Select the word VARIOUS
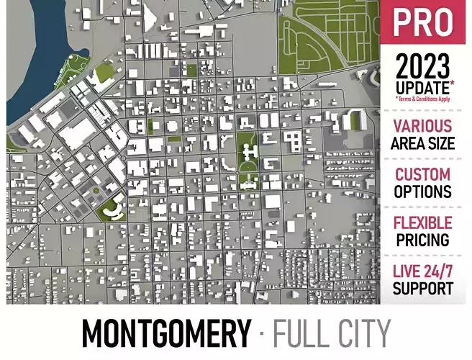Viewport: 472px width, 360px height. click(x=423, y=127)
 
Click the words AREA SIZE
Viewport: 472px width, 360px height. click(x=423, y=143)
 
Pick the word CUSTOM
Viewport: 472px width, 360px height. click(x=423, y=175)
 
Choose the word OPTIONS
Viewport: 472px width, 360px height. click(x=423, y=192)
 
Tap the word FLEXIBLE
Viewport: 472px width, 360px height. click(x=423, y=223)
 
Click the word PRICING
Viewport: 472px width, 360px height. click(x=423, y=240)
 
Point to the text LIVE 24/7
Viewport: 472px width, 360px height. click(x=423, y=272)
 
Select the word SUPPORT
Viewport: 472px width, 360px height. click(x=423, y=289)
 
